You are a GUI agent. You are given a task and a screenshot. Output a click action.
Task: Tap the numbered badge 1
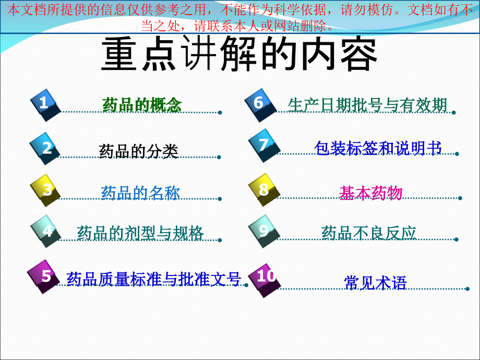45,103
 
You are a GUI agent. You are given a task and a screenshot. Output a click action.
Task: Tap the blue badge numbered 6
259,103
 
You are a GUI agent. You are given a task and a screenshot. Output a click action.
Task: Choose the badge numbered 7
263,145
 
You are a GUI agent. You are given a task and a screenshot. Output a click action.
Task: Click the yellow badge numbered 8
264,189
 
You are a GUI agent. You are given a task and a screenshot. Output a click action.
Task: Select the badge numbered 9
264,231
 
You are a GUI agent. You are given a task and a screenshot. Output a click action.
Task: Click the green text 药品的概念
142,105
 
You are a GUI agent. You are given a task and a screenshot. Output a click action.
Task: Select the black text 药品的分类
138,151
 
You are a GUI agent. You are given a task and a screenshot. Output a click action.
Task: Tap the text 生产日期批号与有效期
367,105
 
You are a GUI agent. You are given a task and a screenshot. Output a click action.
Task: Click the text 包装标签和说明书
378,148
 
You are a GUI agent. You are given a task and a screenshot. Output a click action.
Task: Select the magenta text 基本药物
370,193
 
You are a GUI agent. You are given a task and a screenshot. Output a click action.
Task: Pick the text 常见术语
375,282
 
